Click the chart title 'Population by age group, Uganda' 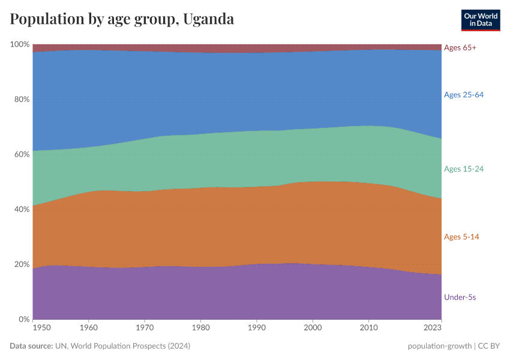[x=122, y=19]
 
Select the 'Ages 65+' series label [x=460, y=47]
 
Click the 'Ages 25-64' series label [x=463, y=95]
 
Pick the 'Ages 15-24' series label [x=463, y=169]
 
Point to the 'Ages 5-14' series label [x=461, y=237]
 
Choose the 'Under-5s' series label [x=460, y=297]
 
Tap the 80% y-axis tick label [x=22, y=100]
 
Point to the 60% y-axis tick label [x=22, y=154]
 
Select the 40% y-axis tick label [x=22, y=209]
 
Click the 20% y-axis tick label [x=22, y=265]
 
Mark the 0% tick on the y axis [x=24, y=319]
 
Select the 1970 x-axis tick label [x=145, y=328]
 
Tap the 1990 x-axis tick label [x=256, y=328]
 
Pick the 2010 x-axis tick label [x=368, y=328]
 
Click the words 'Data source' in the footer [x=31, y=346]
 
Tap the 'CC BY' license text [x=489, y=346]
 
